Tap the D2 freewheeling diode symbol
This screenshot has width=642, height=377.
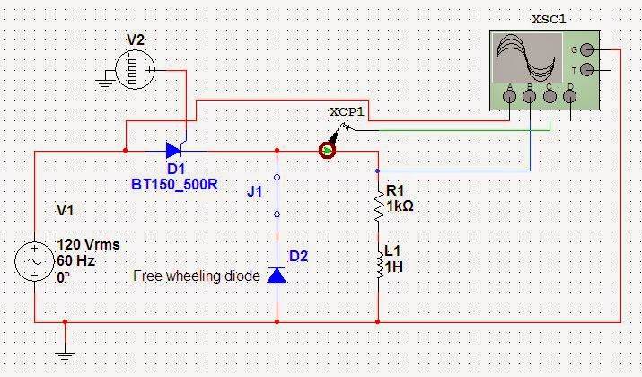pos(277,275)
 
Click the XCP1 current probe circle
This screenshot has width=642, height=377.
pos(328,151)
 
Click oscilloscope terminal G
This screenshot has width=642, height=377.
pos(586,49)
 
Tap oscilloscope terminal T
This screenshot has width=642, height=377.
pos(586,69)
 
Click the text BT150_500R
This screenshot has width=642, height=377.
pos(168,184)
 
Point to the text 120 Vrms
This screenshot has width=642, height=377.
pos(88,244)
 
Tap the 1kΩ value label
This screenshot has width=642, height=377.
pos(400,206)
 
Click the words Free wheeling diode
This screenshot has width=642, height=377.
pos(197,276)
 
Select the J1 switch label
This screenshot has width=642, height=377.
pos(255,191)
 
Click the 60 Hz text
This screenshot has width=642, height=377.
pos(75,260)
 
